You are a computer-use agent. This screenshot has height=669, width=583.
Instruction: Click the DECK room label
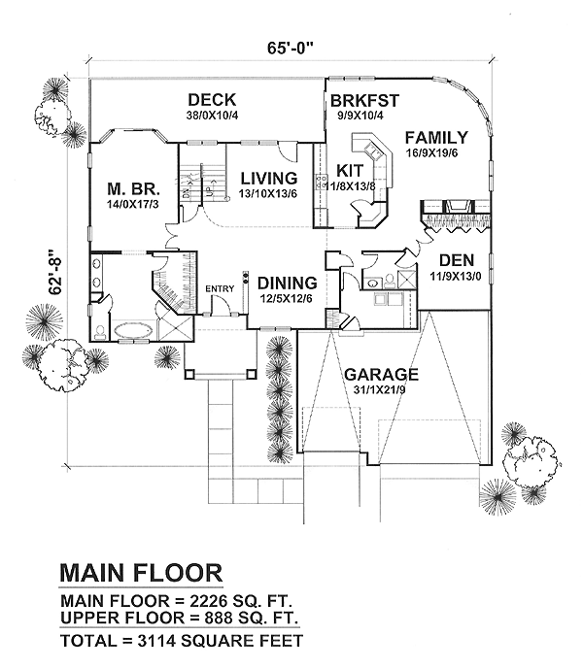click(213, 99)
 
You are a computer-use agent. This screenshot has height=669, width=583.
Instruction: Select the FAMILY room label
click(436, 137)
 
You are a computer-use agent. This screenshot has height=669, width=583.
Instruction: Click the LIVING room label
click(268, 178)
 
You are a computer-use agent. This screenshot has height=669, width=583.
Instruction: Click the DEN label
click(456, 260)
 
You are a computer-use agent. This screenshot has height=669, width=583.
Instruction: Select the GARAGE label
click(381, 374)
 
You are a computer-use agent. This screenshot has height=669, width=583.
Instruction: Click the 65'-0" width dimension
click(291, 45)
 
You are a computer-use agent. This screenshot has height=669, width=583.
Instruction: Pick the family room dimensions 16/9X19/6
click(436, 152)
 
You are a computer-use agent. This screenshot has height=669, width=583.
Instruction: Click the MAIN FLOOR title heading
click(142, 571)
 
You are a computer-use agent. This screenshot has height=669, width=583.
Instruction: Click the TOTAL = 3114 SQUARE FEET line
click(182, 640)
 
